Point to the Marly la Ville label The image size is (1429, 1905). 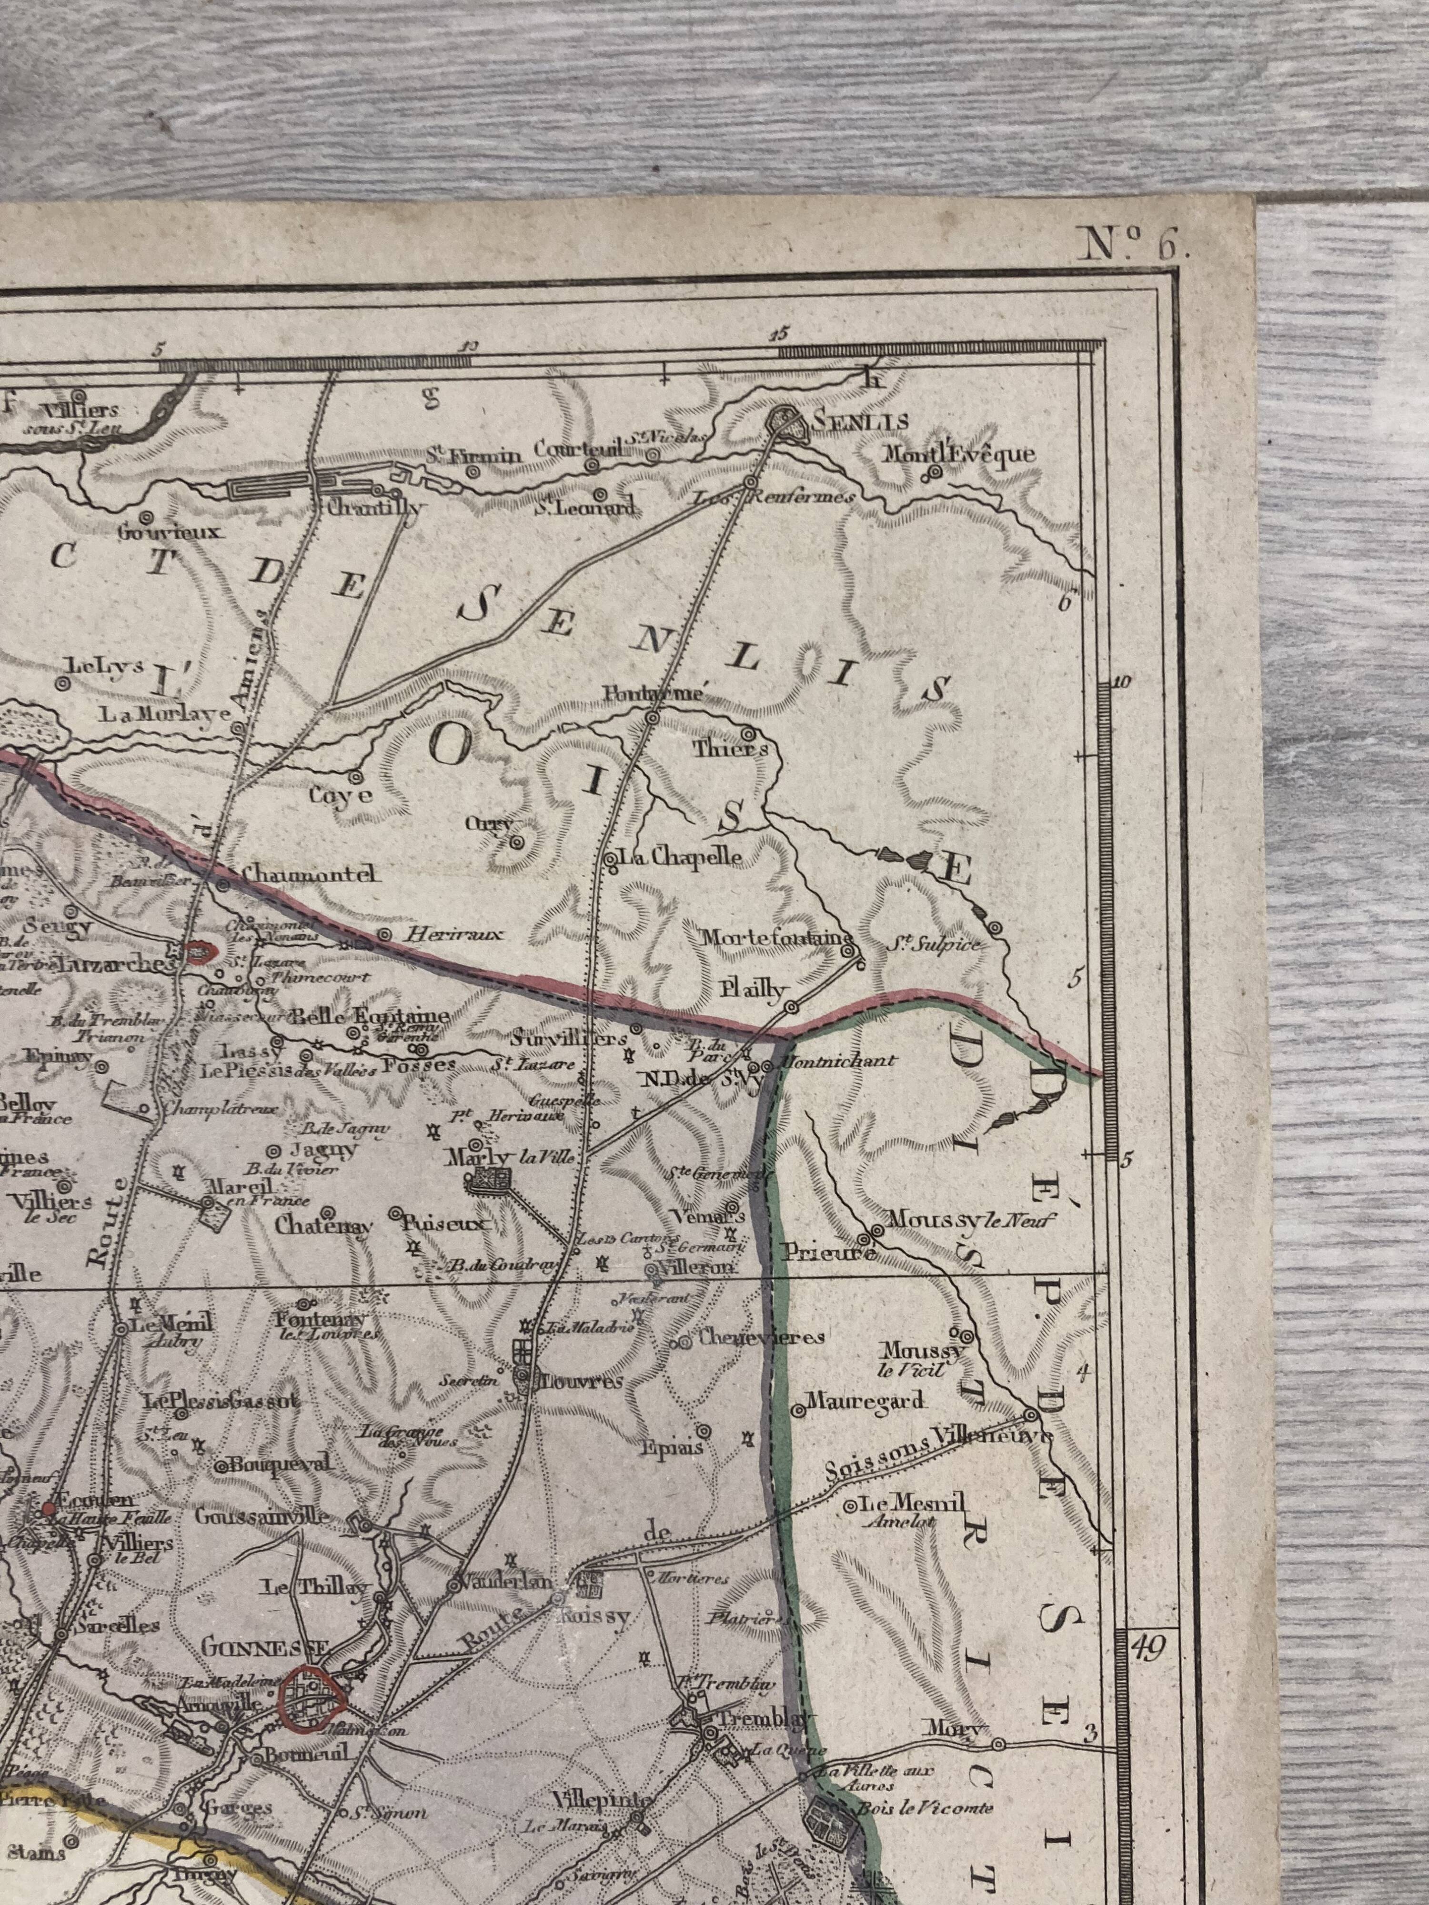click(508, 1157)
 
